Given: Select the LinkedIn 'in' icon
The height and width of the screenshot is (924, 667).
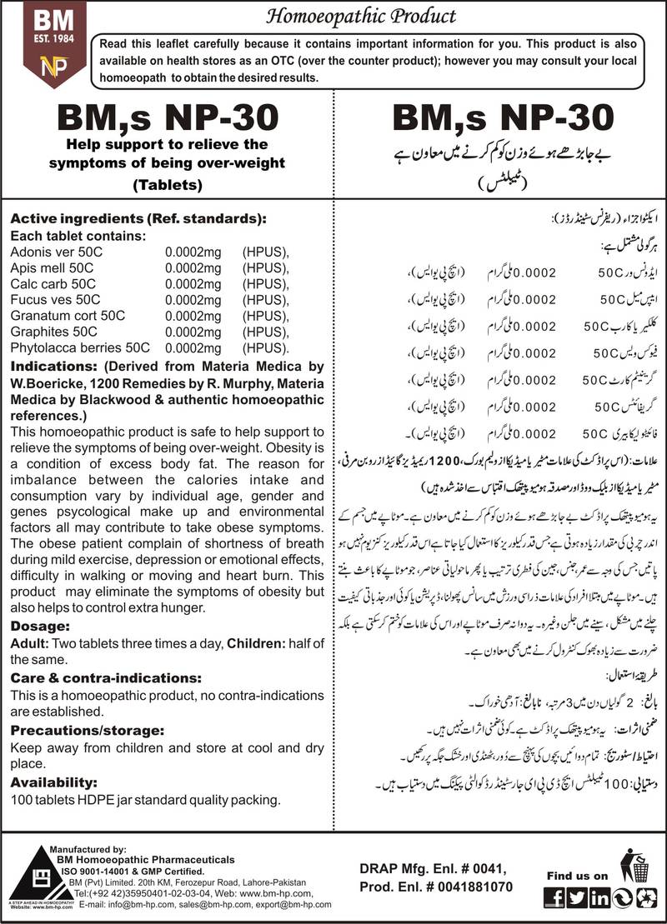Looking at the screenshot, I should pyautogui.click(x=597, y=897).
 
